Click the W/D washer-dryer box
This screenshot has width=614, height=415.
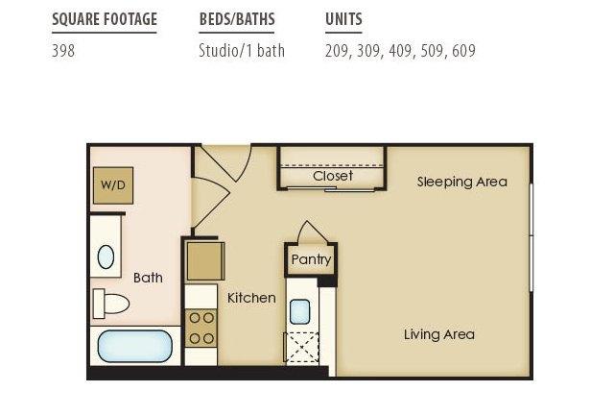tap(113, 185)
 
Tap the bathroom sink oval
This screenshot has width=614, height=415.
tap(106, 256)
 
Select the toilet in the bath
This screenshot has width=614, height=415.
tap(111, 304)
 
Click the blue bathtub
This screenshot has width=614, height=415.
tap(134, 346)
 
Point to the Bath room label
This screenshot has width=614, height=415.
tap(148, 278)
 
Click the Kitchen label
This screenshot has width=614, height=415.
tap(251, 298)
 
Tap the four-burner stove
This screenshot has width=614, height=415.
tap(201, 329)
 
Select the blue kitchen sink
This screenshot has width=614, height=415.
tap(300, 312)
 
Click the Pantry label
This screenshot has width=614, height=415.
tap(311, 259)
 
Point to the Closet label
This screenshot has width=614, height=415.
tap(333, 176)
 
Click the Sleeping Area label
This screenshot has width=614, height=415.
tap(462, 182)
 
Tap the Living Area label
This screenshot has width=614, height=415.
tap(439, 334)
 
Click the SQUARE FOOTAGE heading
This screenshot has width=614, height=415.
tap(105, 19)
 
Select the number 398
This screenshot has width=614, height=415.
tap(63, 51)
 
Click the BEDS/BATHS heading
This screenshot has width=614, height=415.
tap(237, 19)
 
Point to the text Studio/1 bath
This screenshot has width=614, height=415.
tap(242, 51)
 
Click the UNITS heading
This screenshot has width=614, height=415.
tap(343, 19)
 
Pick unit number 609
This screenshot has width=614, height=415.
tap(463, 51)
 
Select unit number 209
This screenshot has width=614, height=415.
tap(337, 51)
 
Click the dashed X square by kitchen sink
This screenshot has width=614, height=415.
tap(301, 347)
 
